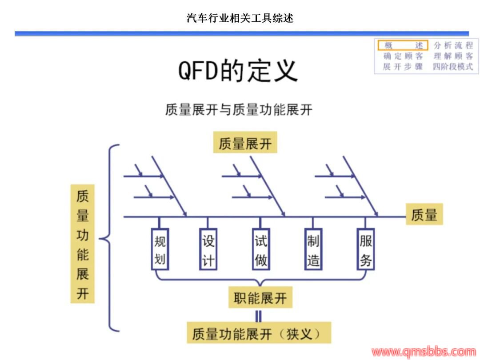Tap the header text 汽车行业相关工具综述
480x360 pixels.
(x=240, y=18)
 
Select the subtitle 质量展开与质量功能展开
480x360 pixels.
(x=239, y=109)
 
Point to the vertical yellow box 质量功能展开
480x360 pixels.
(x=83, y=244)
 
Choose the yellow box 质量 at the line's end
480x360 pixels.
(x=424, y=215)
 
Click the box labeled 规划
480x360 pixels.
(x=160, y=249)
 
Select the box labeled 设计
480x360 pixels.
(x=208, y=249)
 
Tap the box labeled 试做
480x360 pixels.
(x=261, y=249)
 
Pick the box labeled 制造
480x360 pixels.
(x=313, y=249)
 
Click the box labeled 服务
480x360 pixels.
(x=366, y=249)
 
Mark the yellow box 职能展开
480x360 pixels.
(x=260, y=298)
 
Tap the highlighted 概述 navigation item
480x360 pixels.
(x=403, y=45)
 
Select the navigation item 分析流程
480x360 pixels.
(x=453, y=45)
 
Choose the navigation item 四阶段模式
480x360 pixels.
(x=453, y=67)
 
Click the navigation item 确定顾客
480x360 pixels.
(x=403, y=56)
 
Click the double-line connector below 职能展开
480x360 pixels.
(x=258, y=316)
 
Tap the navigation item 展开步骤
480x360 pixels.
(x=403, y=67)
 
